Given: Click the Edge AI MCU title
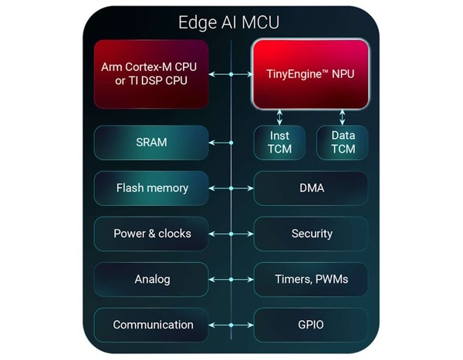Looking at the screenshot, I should point(231,22).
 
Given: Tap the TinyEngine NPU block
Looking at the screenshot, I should point(311,73).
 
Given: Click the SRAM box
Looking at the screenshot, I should point(151,143).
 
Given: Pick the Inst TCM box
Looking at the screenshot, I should point(279,143).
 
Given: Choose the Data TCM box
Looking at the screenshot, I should point(342,143).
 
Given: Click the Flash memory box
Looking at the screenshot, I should point(151,188).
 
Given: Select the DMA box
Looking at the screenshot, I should point(311,188).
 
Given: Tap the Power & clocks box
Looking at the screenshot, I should point(151,234).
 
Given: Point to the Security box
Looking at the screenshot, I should point(311,234).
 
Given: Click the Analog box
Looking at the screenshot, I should point(151,279).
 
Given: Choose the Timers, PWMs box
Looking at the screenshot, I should point(311,279).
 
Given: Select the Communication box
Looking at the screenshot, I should point(151,325).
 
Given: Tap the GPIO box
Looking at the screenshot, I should point(311,325).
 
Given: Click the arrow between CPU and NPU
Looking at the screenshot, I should point(231,74).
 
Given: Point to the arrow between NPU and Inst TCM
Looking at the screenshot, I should point(279,116).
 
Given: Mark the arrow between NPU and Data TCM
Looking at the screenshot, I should point(342,116).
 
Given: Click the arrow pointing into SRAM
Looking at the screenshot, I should point(221,143).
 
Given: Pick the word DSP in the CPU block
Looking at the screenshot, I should point(159,82).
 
